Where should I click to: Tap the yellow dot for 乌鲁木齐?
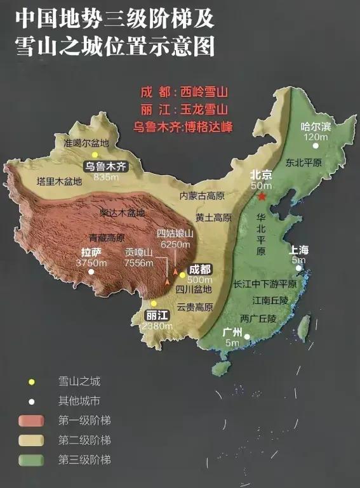point(95,155)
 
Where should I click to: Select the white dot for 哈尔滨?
point(315,146)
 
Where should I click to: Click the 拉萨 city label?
point(91,252)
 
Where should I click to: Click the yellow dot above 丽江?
point(153,303)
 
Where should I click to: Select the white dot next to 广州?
point(248,337)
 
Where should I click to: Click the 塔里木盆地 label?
point(59,181)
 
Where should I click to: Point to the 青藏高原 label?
point(107,238)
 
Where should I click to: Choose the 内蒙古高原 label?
point(203,195)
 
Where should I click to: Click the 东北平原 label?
point(304,162)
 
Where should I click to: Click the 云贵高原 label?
point(195,307)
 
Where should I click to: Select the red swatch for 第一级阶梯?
point(30,420)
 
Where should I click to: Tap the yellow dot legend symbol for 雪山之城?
point(30,381)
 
